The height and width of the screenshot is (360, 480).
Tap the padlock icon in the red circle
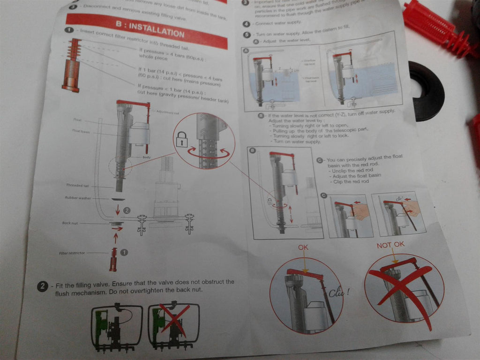click(182, 139)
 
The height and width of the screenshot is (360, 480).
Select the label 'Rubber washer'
click(78, 198)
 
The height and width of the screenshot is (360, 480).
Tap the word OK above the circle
click(303, 247)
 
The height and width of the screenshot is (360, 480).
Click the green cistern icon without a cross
click(116, 326)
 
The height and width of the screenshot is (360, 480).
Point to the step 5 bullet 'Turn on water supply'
click(247, 35)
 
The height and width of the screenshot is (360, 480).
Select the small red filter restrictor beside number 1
click(113, 257)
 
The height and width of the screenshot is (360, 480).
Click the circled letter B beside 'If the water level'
click(260, 116)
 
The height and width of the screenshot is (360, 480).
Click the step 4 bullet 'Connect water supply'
click(246, 23)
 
